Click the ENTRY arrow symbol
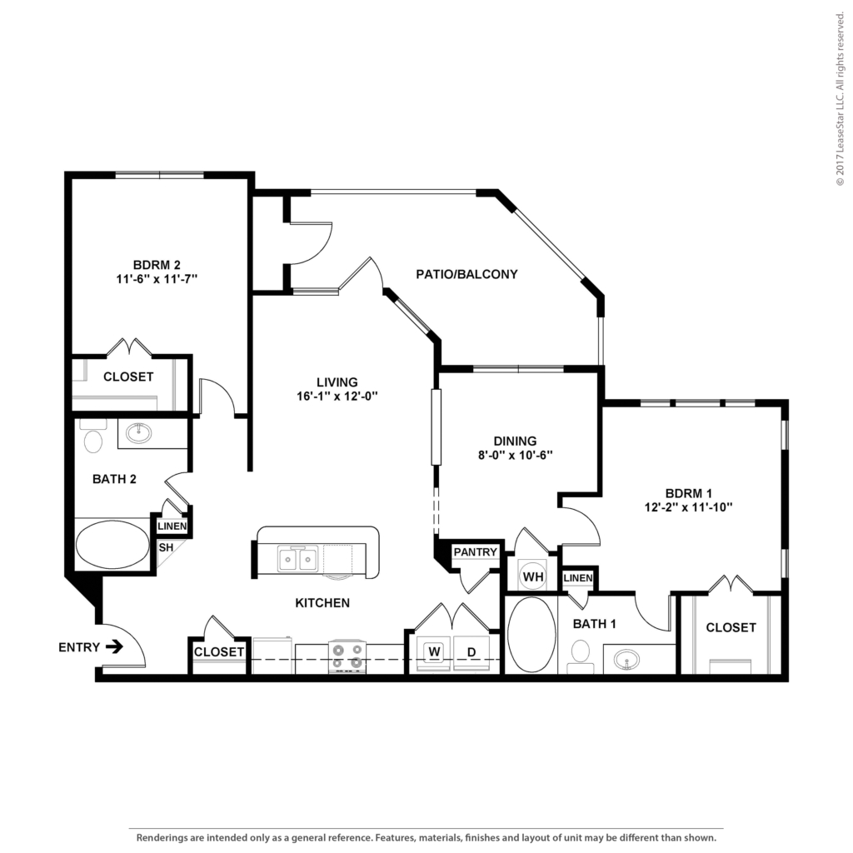pos(114,646)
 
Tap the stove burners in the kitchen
pos(347,656)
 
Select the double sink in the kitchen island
pos(297,559)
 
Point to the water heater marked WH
pos(533,576)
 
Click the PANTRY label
pos(476,552)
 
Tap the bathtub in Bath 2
pos(112,545)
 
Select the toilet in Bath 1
pos(581,655)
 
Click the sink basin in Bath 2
pos(139,433)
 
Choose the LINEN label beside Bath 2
pos(172,526)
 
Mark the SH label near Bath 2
pos(166,547)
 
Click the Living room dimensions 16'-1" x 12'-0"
pos(337,396)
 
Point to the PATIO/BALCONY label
pos(466,274)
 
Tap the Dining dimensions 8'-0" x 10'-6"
pos(515,455)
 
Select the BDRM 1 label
pos(689,493)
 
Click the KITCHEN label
pos(322,603)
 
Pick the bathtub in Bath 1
pos(531,635)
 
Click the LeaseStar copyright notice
pos(840,99)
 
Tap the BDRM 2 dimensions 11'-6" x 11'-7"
pos(157,279)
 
